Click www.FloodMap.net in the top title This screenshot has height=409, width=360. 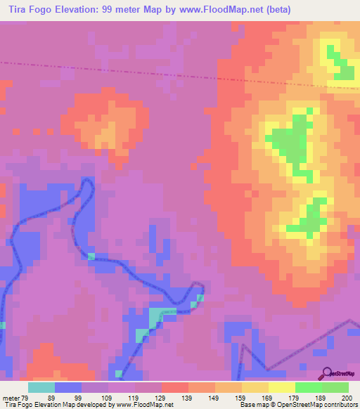[214, 10]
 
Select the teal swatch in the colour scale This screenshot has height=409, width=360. [41, 387]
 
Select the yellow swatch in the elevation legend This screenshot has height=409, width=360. [281, 387]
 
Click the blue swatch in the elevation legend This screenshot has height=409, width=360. [68, 387]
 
